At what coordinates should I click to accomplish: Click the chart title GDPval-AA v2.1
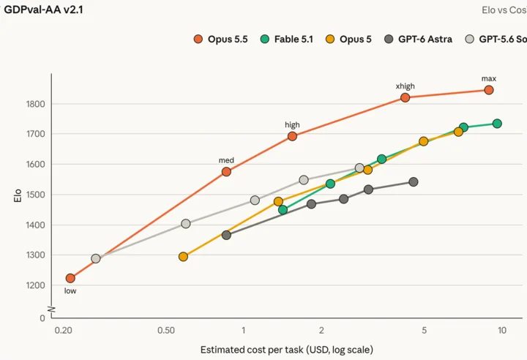click(43, 10)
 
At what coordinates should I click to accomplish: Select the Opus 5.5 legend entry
click(221, 40)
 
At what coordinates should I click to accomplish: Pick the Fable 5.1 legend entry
click(287, 40)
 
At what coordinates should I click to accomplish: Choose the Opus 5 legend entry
click(349, 40)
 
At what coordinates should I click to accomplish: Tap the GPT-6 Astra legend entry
click(418, 40)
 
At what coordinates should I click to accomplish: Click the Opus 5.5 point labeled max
click(489, 90)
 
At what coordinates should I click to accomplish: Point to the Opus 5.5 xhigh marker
click(405, 98)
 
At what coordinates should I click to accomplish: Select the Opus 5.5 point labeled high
click(292, 137)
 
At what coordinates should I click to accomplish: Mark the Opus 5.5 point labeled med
click(226, 172)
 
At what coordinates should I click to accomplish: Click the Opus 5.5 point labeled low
click(70, 278)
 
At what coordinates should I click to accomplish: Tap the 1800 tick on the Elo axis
click(35, 104)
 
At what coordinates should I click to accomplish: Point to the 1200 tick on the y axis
click(35, 285)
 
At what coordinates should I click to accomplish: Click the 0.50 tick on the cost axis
click(166, 331)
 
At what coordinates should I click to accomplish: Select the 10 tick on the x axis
click(502, 331)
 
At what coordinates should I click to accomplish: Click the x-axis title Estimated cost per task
click(287, 350)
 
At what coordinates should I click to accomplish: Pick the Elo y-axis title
click(18, 195)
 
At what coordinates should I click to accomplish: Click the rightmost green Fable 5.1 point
click(497, 124)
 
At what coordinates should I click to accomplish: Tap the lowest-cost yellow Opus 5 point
click(183, 257)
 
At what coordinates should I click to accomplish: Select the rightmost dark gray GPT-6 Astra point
click(414, 182)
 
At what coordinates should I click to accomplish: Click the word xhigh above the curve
click(405, 86)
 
